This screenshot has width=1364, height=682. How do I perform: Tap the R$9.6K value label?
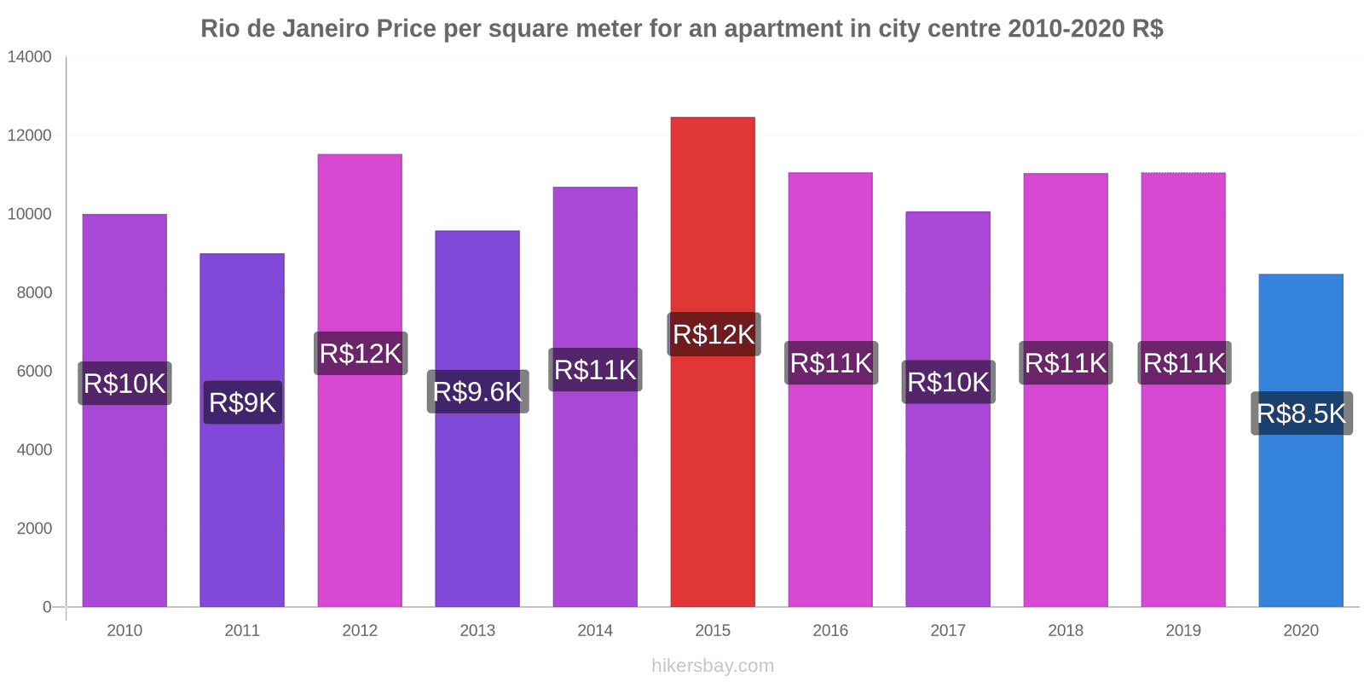pos(477,391)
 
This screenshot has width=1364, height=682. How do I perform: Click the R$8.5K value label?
pos(1301,413)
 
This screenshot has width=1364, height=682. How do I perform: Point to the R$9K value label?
pos(242,402)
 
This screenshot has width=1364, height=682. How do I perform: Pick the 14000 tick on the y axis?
pos(30,57)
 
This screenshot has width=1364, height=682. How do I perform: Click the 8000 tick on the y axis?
pos(34,292)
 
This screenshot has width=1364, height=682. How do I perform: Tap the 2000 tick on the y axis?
pos(34,529)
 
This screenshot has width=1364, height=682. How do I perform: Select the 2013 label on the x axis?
pos(477,630)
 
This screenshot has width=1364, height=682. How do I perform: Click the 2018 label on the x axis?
pos(1066,630)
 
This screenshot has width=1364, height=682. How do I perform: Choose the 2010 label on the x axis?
pos(124,630)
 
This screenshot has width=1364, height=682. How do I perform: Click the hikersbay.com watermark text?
pos(713,665)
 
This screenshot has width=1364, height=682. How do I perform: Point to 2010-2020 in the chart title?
pos(1066,29)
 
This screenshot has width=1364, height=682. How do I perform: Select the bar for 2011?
pos(242,511)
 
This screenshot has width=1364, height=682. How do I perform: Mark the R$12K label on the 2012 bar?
pos(360,353)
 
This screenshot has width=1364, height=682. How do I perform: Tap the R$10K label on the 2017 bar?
pos(948,382)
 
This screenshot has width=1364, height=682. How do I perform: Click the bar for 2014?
pos(595,494)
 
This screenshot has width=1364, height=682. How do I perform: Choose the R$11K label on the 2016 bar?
pos(830,363)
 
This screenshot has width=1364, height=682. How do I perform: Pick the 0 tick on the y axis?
pos(47,607)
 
